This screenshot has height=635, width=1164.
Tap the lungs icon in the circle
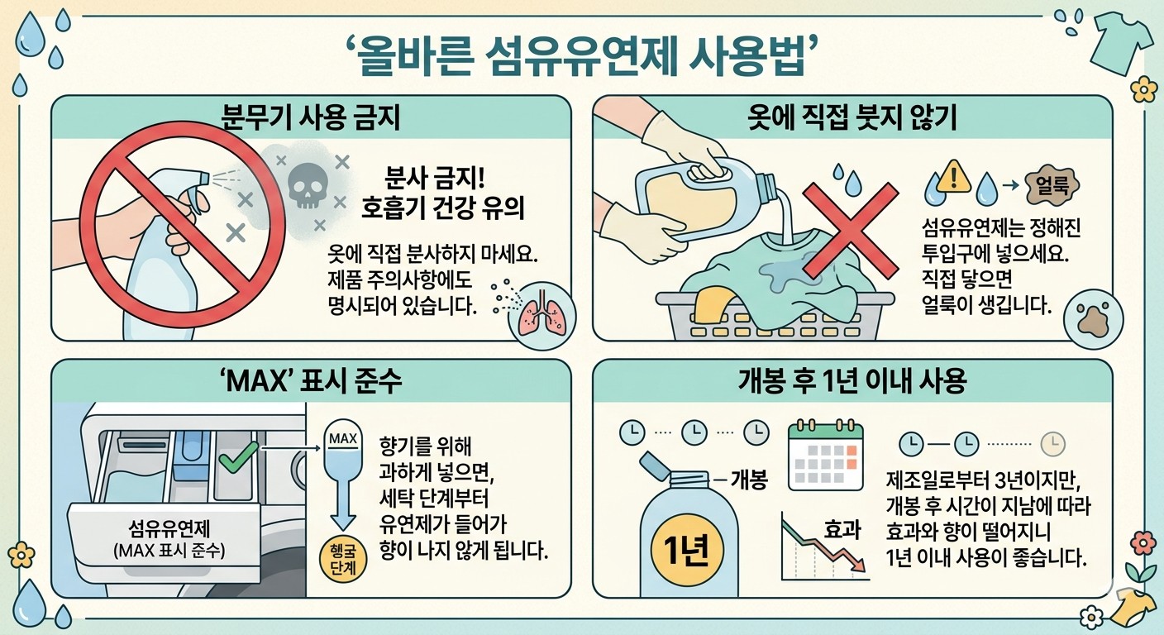[x=541, y=315]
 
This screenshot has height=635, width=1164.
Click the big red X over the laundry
[x=850, y=230]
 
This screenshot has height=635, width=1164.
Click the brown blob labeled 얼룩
[x=1052, y=185]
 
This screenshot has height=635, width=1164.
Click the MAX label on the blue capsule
[x=343, y=438]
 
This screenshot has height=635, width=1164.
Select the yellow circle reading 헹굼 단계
[x=343, y=559]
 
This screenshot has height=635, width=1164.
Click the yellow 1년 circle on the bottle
[x=685, y=549]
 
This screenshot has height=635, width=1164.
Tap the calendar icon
[x=825, y=455]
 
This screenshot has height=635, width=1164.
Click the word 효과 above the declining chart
[x=842, y=529]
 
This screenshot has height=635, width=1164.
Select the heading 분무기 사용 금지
[x=311, y=117]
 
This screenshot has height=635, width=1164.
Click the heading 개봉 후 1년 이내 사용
[x=852, y=381]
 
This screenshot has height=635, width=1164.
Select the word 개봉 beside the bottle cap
[x=749, y=480]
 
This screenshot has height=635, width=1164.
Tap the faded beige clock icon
[x=1052, y=444]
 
